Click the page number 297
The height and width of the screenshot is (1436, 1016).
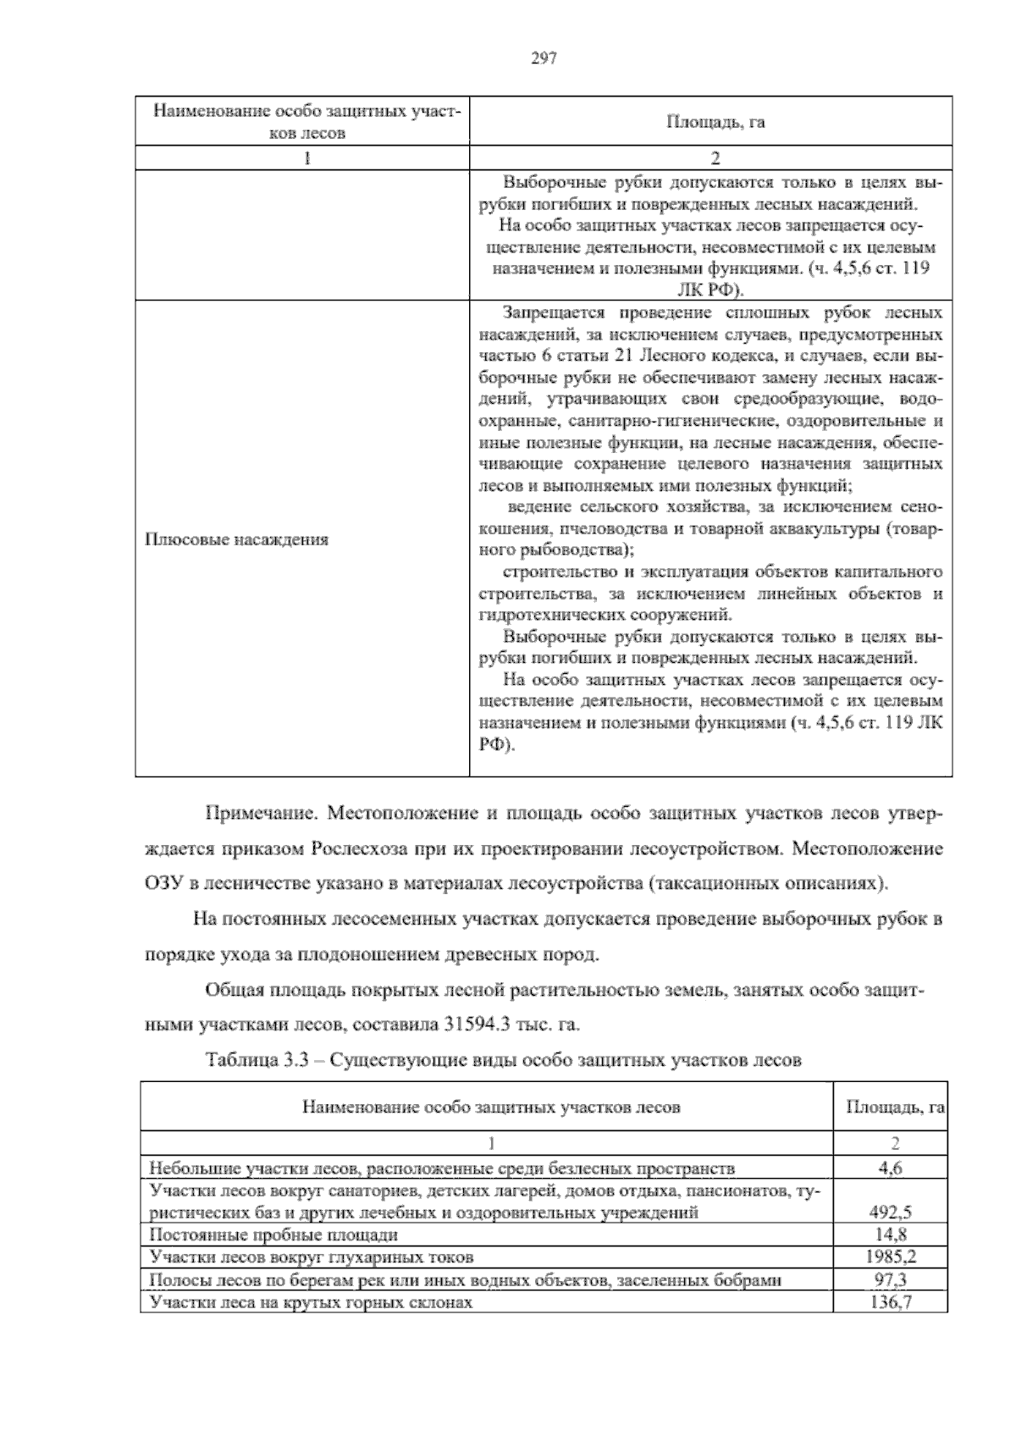point(543,58)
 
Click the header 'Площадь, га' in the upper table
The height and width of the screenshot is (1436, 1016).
point(715,122)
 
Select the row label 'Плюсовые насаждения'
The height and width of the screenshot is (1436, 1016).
point(237,539)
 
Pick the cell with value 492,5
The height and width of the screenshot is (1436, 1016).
point(890,1212)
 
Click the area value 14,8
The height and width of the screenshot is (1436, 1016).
point(890,1234)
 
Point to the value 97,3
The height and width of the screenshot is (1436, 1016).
point(891,1279)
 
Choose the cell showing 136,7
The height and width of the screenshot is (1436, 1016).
point(891,1301)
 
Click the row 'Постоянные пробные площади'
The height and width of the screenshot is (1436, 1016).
point(273,1234)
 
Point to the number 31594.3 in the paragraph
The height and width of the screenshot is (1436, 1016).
point(475,1024)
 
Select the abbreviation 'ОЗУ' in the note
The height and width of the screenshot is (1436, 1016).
point(163,883)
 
